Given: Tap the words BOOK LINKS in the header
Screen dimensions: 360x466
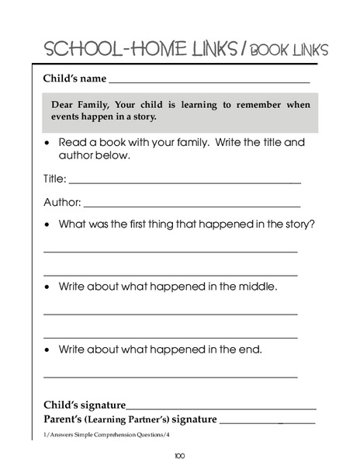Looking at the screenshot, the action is [286, 50].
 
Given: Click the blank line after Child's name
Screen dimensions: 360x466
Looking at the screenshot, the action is [209, 81].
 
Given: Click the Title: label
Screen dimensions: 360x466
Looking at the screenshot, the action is [54, 179].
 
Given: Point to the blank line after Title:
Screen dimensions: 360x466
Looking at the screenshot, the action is [185, 182].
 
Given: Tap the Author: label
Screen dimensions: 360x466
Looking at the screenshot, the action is [61, 203].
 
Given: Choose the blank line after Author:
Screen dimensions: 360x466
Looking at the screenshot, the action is [191, 206].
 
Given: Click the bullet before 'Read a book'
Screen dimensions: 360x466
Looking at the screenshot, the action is [49, 143].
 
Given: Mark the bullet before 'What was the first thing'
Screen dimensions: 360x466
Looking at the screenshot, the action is [49, 224].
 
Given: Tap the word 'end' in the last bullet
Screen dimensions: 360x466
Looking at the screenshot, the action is [250, 349].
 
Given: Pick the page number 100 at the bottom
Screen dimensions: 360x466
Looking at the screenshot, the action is [179, 455].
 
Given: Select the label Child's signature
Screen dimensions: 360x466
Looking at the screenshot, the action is [85, 405].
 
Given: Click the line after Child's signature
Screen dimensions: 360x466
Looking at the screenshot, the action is [221, 408].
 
